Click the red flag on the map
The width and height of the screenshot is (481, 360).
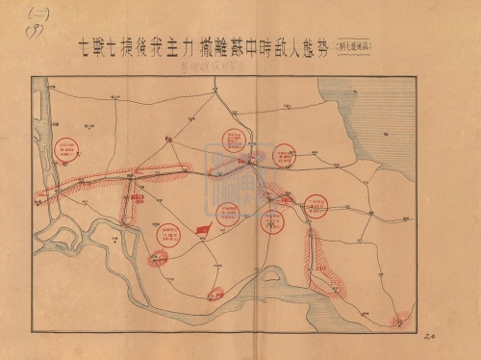(202, 229)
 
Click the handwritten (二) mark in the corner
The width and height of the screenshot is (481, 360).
(16, 14)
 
